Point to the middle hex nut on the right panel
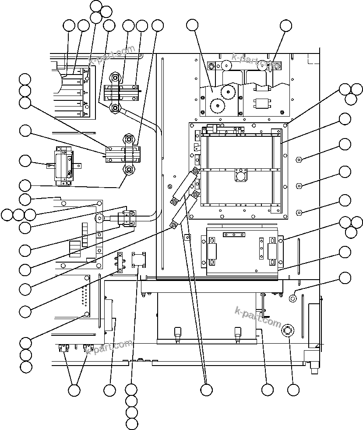298,186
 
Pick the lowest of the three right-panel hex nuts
298,213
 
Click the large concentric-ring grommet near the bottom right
288,330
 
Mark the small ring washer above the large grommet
293,299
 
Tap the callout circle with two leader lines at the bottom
74,389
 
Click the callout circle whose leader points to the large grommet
293,389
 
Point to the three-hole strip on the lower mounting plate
234,235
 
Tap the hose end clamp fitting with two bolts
129,218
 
